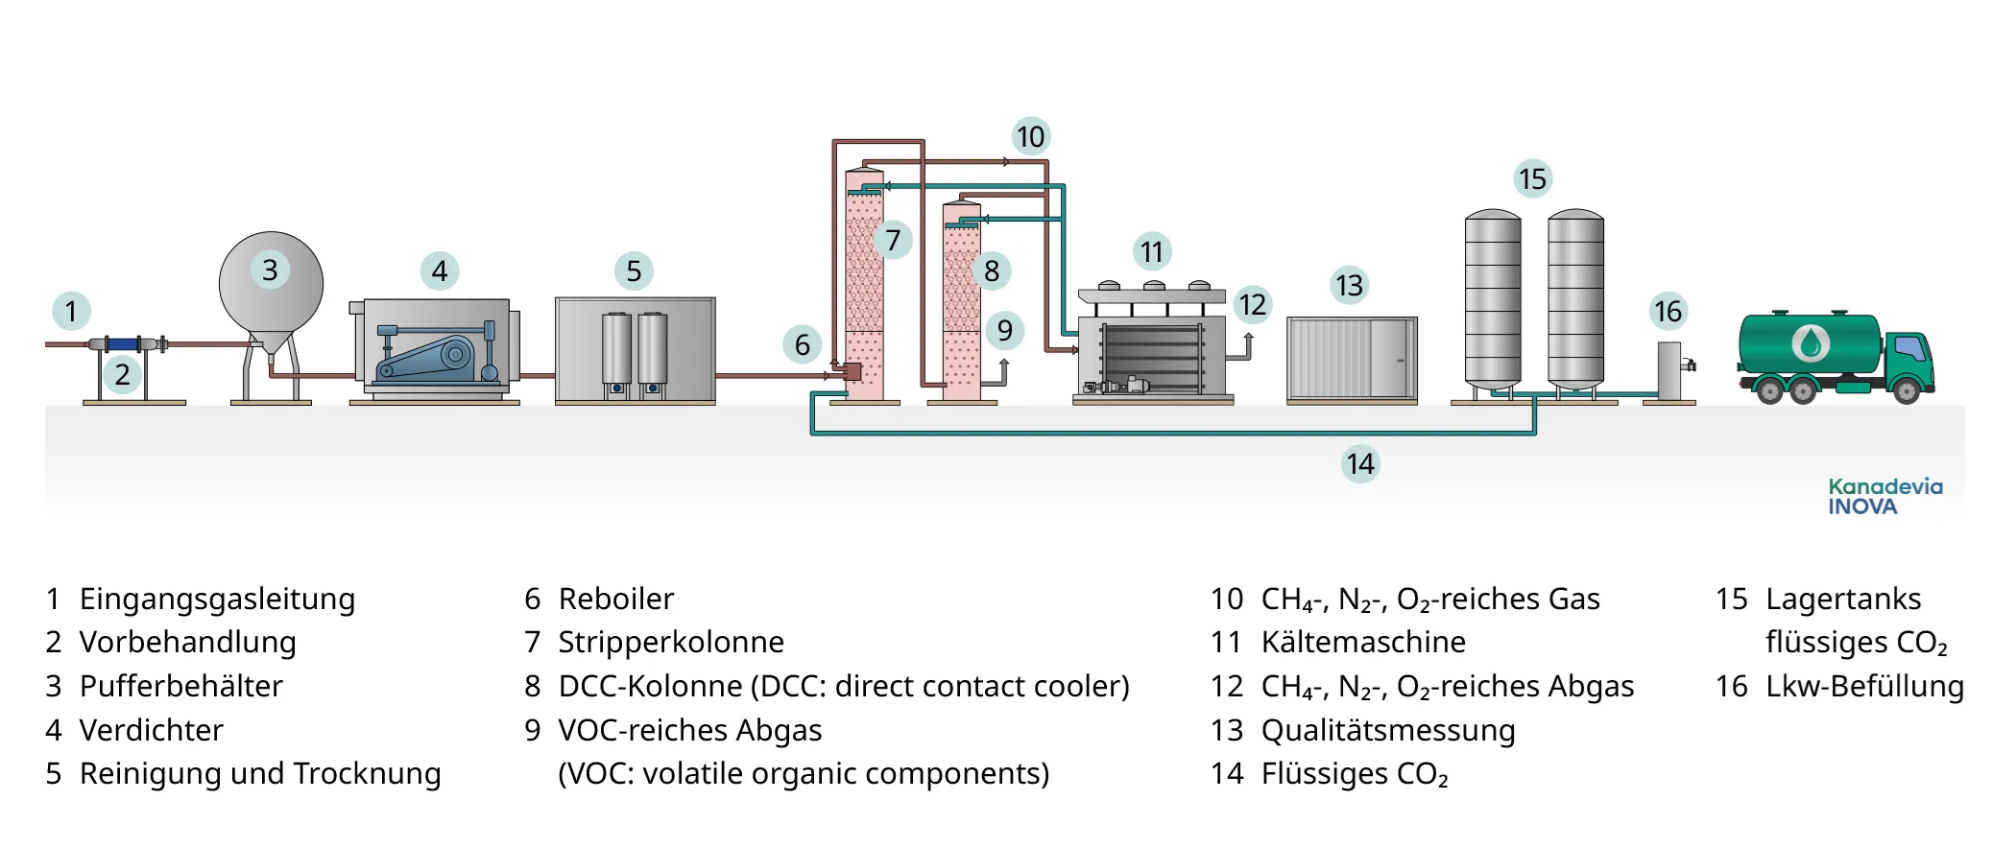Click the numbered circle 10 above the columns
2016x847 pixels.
point(1030,137)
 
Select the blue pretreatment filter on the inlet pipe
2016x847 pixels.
point(122,343)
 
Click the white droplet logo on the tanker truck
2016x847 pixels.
point(1811,342)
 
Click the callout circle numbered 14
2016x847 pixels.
point(1359,464)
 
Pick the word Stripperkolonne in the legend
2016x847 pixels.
point(670,642)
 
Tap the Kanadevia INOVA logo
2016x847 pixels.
point(1884,497)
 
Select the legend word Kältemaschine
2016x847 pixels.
point(1362,642)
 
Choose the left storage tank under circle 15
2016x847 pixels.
point(1492,302)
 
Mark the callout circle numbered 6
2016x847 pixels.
point(802,344)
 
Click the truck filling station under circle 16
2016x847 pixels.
point(1670,371)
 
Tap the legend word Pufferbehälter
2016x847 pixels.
point(180,686)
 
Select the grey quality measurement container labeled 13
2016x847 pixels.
point(1351,359)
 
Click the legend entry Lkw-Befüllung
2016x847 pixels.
point(1863,686)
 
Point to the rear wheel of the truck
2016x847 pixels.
point(1769,389)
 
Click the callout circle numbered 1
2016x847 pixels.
point(70,311)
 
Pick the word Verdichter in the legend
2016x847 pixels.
point(151,730)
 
